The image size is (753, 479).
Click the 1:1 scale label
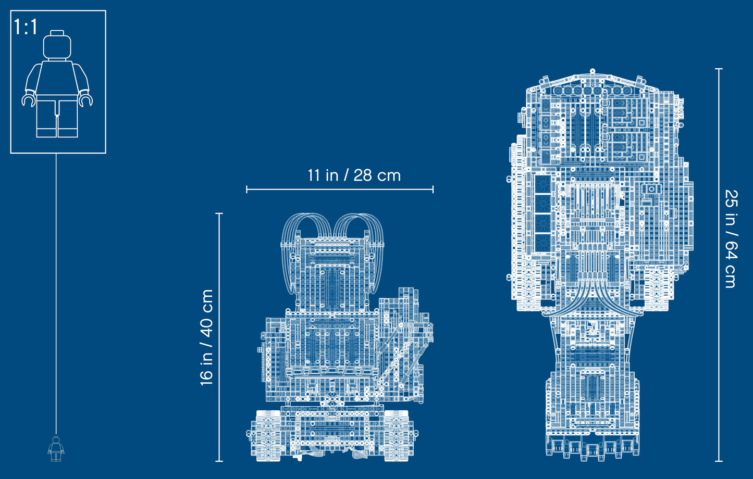[x=26, y=28]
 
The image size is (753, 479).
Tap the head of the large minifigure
[x=57, y=46]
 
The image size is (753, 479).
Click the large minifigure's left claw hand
[x=28, y=99]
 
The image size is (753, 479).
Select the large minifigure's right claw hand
[x=86, y=99]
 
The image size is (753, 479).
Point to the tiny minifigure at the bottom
[x=56, y=448]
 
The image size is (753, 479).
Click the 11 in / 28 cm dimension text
[x=354, y=175]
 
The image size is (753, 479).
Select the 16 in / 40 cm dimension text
[x=207, y=337]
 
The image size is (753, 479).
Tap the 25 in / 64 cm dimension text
[x=731, y=238]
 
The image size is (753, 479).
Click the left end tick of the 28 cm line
[x=247, y=190]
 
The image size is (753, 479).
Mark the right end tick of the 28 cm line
[x=433, y=190]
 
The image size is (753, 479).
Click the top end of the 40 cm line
[x=219, y=213]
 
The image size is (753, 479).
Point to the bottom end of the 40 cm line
[x=219, y=461]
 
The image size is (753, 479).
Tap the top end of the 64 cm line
[x=719, y=69]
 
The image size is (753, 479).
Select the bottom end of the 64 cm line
[x=719, y=461]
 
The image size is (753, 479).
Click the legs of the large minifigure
[x=57, y=118]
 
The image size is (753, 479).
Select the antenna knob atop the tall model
[x=592, y=70]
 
